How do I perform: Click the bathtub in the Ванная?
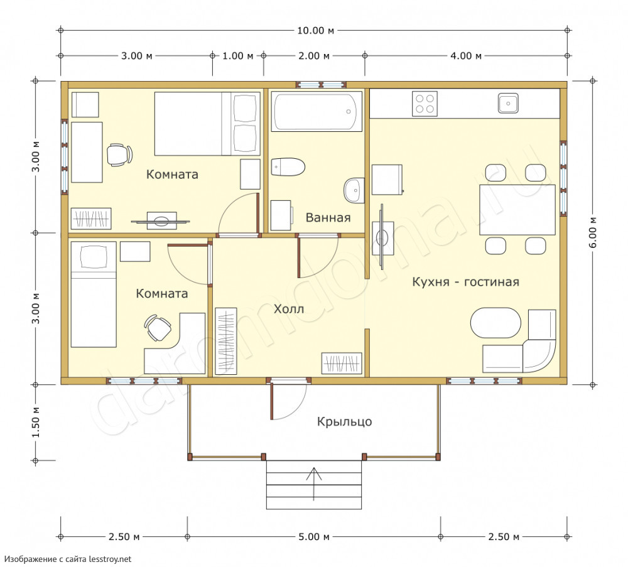pyautogui.click(x=317, y=111)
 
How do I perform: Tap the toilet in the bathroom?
pyautogui.click(x=288, y=167)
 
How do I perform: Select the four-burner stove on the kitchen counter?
pyautogui.click(x=425, y=104)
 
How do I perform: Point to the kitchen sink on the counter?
pyautogui.click(x=508, y=104)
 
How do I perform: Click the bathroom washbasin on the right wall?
pyautogui.click(x=354, y=190)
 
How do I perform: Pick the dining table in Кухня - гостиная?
pyautogui.click(x=517, y=210)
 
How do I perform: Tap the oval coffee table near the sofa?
pyautogui.click(x=496, y=323)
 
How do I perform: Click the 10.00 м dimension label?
pyautogui.click(x=315, y=30)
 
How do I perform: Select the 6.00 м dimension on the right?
pyautogui.click(x=593, y=232)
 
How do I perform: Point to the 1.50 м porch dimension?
pyautogui.click(x=36, y=422)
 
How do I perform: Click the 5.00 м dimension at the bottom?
pyautogui.click(x=313, y=537)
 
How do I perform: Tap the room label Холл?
pyautogui.click(x=289, y=309)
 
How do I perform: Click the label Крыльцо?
pyautogui.click(x=344, y=422)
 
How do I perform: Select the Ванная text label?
pyautogui.click(x=328, y=217)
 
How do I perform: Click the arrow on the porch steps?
pyautogui.click(x=314, y=484)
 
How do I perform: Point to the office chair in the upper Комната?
pyautogui.click(x=119, y=154)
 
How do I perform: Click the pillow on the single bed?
pyautogui.click(x=94, y=257)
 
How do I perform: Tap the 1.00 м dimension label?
pyautogui.click(x=238, y=56)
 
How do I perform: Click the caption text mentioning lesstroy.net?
pyautogui.click(x=68, y=559)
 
